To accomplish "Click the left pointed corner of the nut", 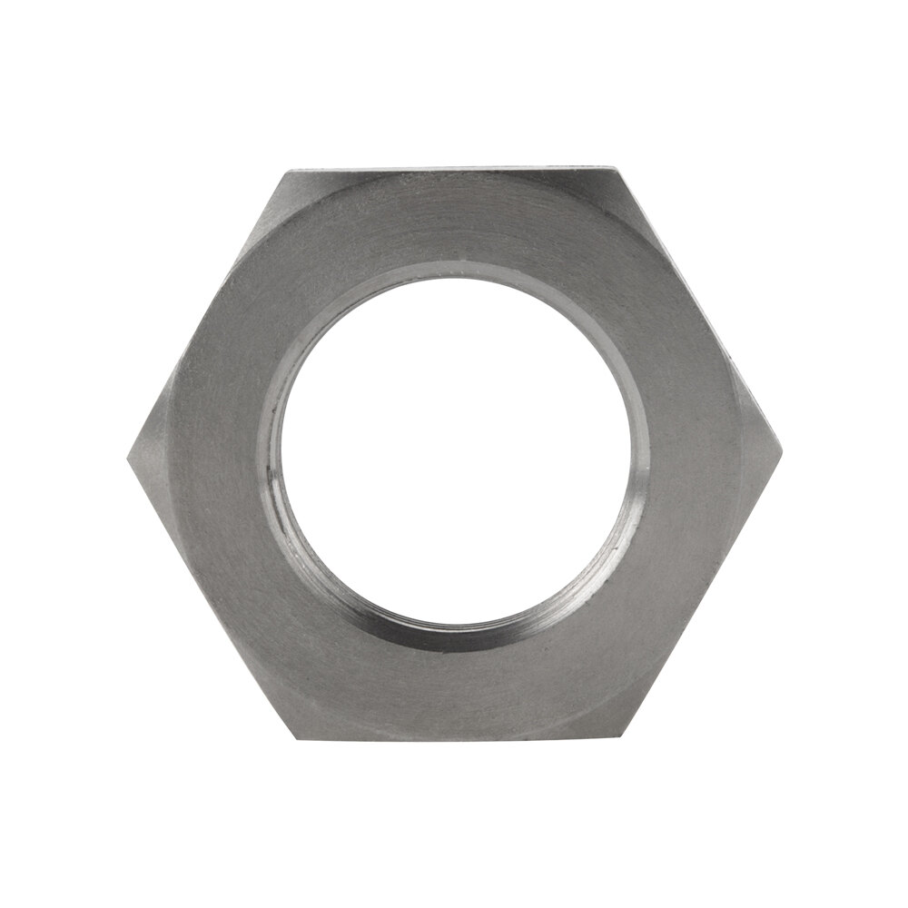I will (x=128, y=454).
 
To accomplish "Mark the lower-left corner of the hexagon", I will (x=291, y=737).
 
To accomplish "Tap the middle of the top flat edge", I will (x=454, y=170).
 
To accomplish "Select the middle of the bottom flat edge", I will (x=454, y=737).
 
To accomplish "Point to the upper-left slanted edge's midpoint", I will (x=210, y=312).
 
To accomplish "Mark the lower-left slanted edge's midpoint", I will (x=210, y=596).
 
